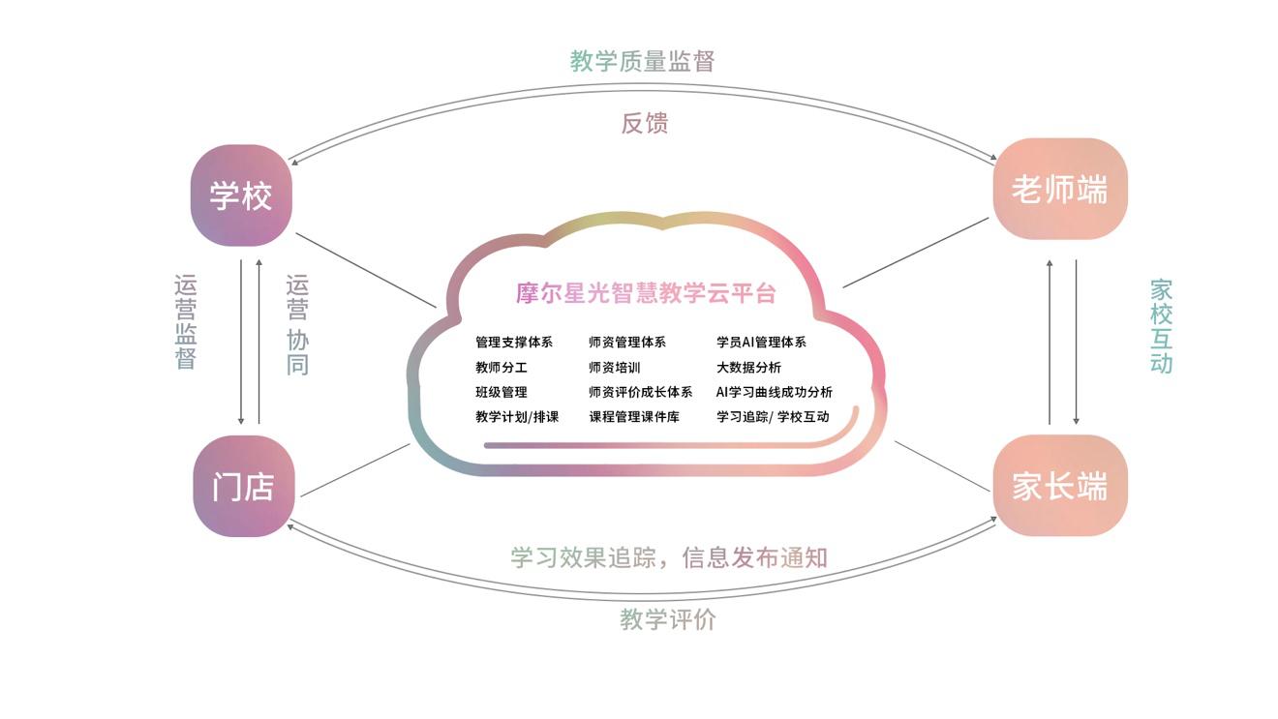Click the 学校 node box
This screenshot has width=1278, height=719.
click(x=241, y=195)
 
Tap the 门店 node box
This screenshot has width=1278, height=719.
click(x=243, y=487)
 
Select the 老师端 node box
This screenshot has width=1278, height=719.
click(x=1060, y=190)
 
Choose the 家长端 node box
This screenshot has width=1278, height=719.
click(x=1060, y=486)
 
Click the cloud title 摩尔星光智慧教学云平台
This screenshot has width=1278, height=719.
click(x=646, y=293)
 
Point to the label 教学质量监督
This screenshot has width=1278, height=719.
click(x=642, y=61)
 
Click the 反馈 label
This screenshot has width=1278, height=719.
click(x=645, y=123)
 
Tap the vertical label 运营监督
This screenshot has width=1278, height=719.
click(x=186, y=322)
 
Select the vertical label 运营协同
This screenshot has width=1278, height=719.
click(x=297, y=325)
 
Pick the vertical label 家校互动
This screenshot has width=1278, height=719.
click(x=1161, y=326)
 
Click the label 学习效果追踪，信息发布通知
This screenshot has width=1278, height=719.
click(x=669, y=557)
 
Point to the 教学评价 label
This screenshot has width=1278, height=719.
click(x=668, y=619)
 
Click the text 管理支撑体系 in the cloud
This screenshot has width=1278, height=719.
click(x=514, y=343)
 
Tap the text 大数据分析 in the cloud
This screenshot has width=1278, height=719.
click(x=748, y=368)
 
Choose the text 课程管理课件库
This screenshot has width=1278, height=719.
click(x=634, y=417)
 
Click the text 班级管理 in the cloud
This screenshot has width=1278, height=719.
click(x=502, y=392)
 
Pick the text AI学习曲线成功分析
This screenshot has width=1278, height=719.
click(x=774, y=392)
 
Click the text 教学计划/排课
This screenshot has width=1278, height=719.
click(x=517, y=417)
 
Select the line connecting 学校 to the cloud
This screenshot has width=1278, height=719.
click(x=366, y=270)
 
